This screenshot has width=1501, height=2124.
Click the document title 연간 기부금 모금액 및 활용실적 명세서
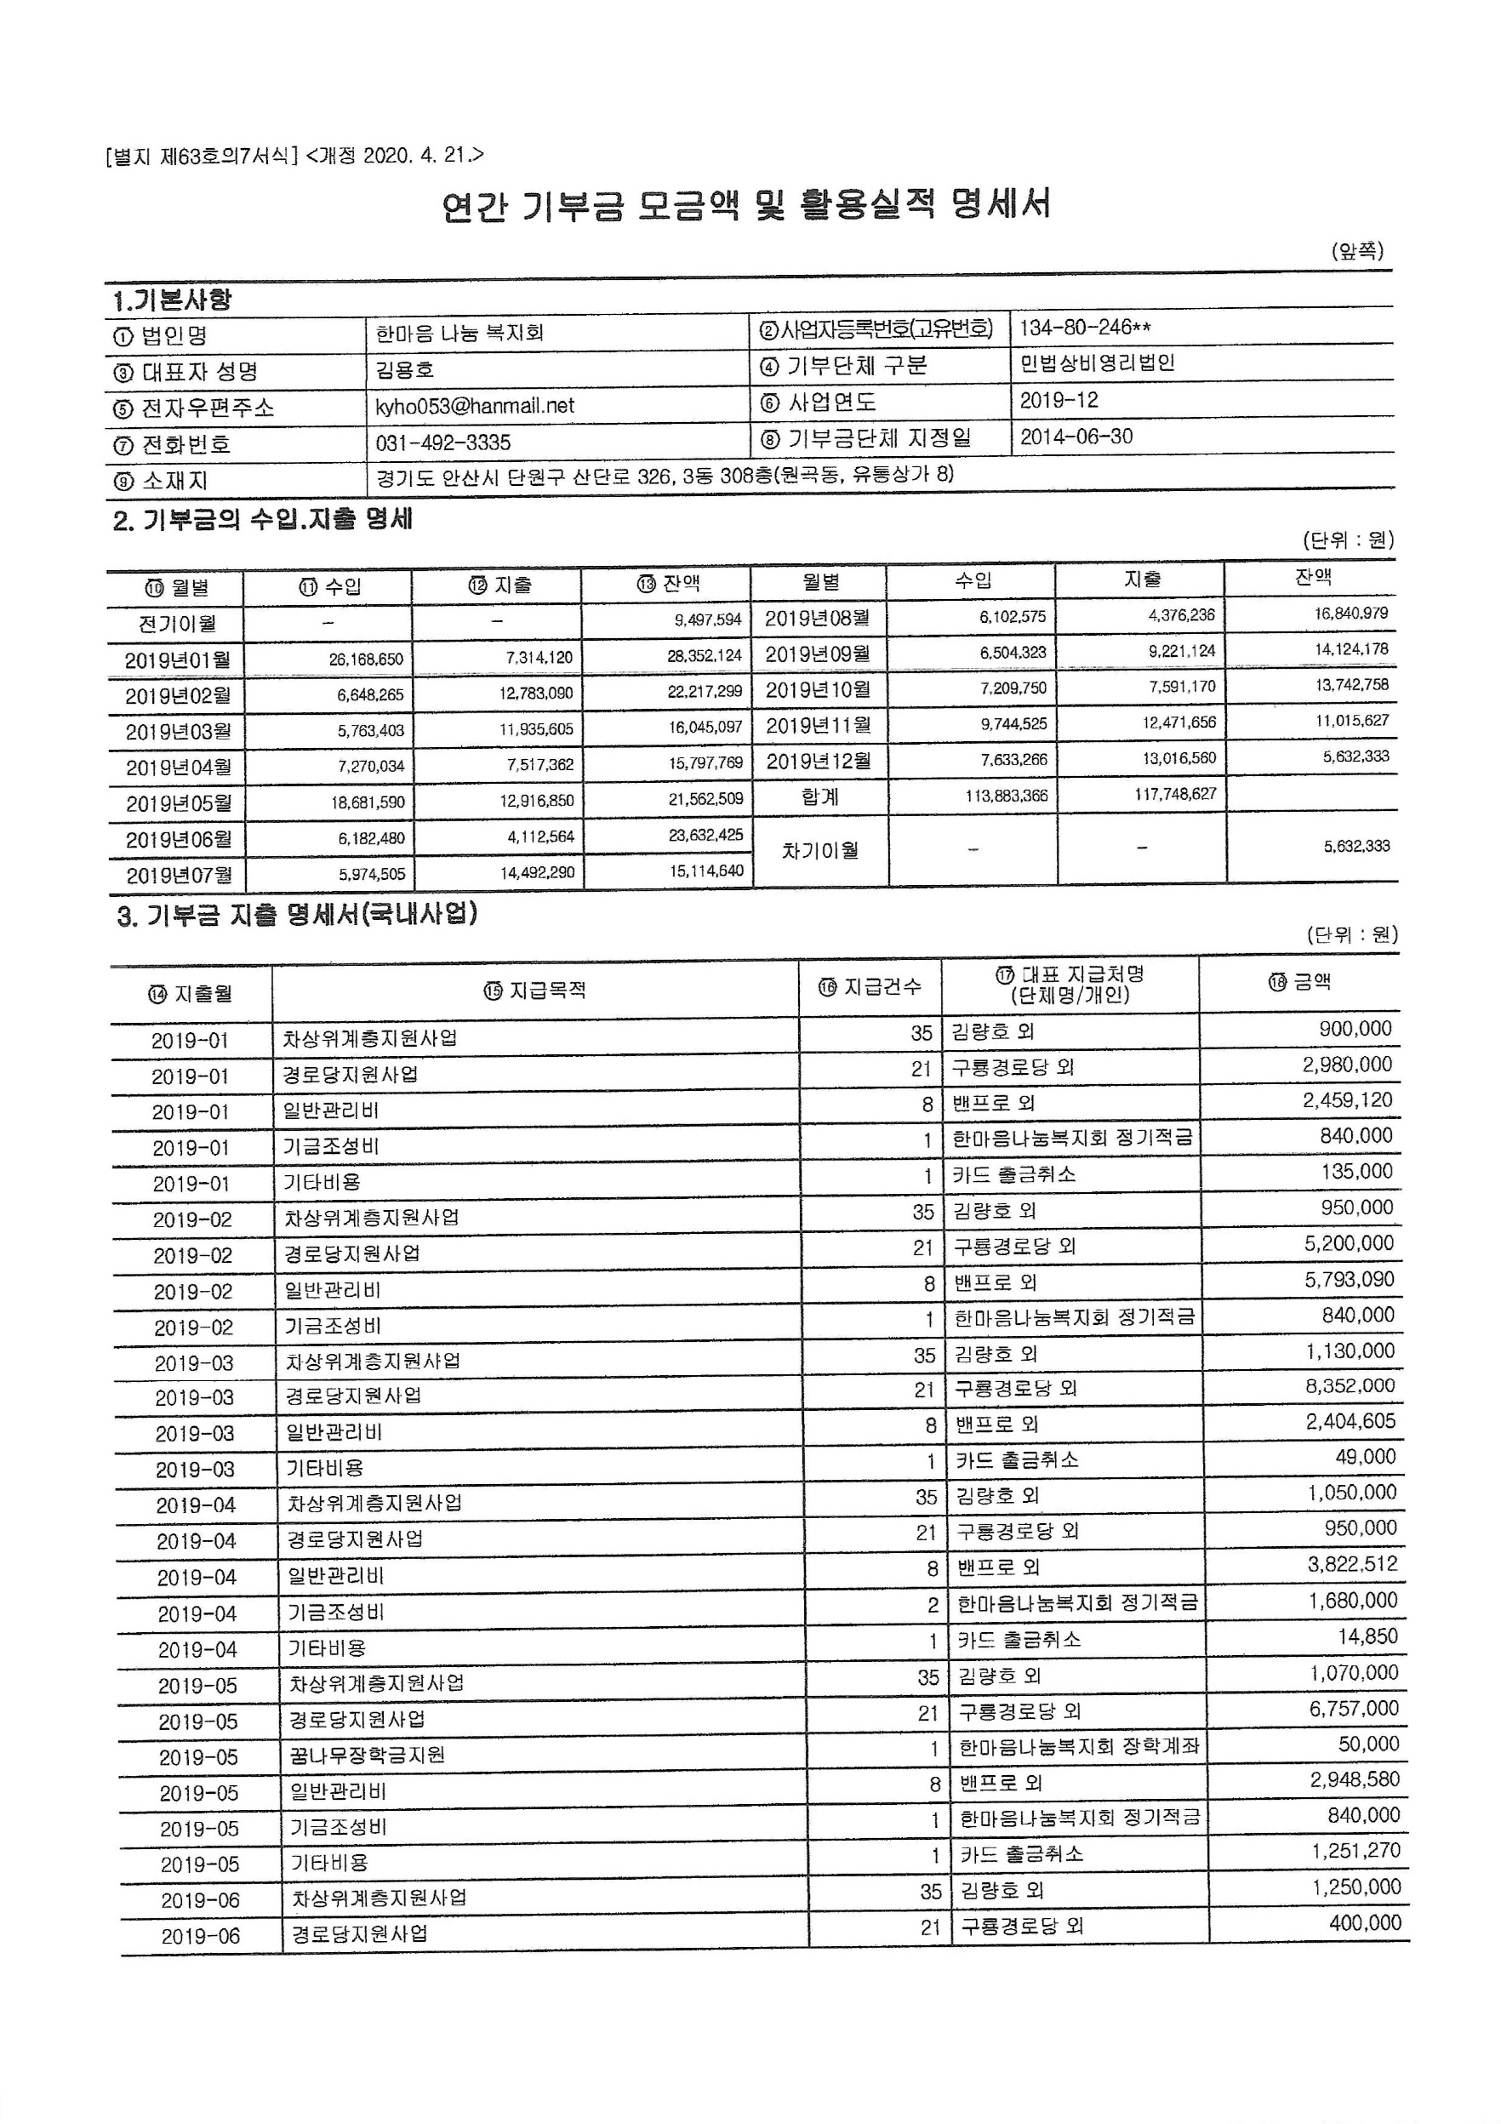745,205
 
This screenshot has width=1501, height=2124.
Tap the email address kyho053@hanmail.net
475,406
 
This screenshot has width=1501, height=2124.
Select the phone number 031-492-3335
443,443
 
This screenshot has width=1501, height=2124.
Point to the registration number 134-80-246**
1085,328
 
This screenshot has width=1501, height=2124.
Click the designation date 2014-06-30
1076,437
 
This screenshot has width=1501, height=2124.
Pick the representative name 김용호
404,370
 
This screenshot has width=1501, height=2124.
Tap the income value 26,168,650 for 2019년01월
366,659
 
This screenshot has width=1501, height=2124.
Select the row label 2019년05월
179,803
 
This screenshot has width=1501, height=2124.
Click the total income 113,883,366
1007,795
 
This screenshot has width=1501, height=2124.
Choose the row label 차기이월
819,850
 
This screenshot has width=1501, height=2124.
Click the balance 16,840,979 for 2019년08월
1350,614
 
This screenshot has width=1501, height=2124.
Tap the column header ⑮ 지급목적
534,991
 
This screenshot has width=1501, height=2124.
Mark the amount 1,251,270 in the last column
1355,1851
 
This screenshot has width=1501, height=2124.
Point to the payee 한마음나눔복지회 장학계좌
1078,1746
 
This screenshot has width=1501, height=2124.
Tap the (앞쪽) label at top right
1356,251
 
